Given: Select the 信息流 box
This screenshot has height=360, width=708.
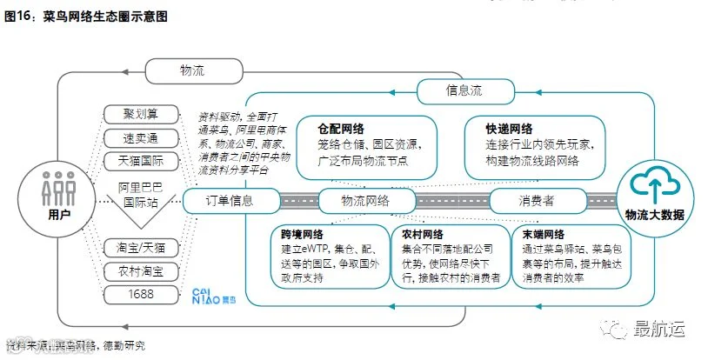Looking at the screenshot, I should pos(463,89).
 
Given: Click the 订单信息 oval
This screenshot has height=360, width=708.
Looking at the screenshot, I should pos(230,201).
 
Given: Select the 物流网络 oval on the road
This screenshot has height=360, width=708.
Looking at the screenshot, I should pos(366,201).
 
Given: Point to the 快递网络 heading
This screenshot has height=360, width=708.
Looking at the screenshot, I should pos(510,128).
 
